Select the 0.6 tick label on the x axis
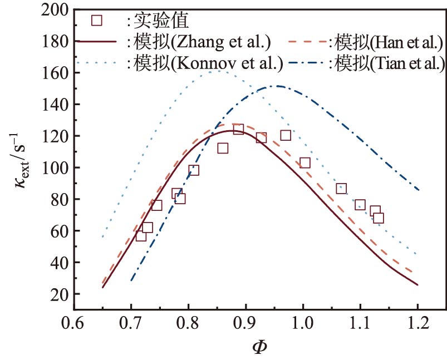tap(73, 323)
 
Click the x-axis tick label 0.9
tap(245, 323)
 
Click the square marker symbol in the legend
tap(97, 20)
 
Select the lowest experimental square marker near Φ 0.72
tap(141, 236)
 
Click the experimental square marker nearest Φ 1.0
tap(305, 163)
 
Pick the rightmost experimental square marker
tap(379, 218)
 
